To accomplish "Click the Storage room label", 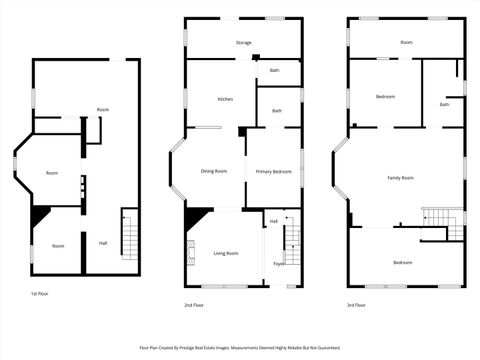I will [x=243, y=43].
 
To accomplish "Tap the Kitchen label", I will [x=225, y=99].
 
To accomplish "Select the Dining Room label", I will [x=214, y=171].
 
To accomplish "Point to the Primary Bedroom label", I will [x=273, y=171].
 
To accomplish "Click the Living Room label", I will [x=225, y=253].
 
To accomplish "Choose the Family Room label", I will [x=401, y=177].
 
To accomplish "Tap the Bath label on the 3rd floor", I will [x=444, y=104].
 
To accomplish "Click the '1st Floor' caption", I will [x=40, y=294].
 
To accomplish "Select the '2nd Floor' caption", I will [x=194, y=304].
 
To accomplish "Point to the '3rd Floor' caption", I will [x=356, y=304].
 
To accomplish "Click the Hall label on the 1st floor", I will [x=102, y=242].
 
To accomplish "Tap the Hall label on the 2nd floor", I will [x=273, y=221].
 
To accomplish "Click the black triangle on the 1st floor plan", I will [x=39, y=215].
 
